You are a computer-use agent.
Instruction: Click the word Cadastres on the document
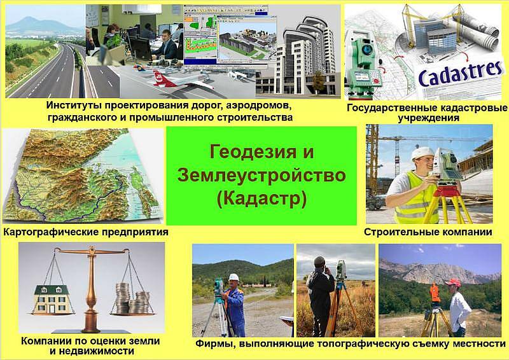pyautogui.click(x=460, y=74)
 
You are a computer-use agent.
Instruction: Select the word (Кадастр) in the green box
pyautogui.click(x=261, y=198)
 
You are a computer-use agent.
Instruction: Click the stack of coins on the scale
pyautogui.click(x=132, y=298)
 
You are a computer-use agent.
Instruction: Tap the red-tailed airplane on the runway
pyautogui.click(x=182, y=80)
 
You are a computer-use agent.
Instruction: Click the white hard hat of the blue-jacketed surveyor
pyautogui.click(x=234, y=277)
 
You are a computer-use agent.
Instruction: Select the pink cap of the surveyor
pyautogui.click(x=454, y=282)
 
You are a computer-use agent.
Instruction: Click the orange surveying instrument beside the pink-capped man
pyautogui.click(x=435, y=293)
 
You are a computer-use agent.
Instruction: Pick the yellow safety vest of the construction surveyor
pyautogui.click(x=414, y=198)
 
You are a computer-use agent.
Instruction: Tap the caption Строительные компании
pyautogui.click(x=428, y=232)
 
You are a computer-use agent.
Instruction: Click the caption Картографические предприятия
pyautogui.click(x=86, y=232)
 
